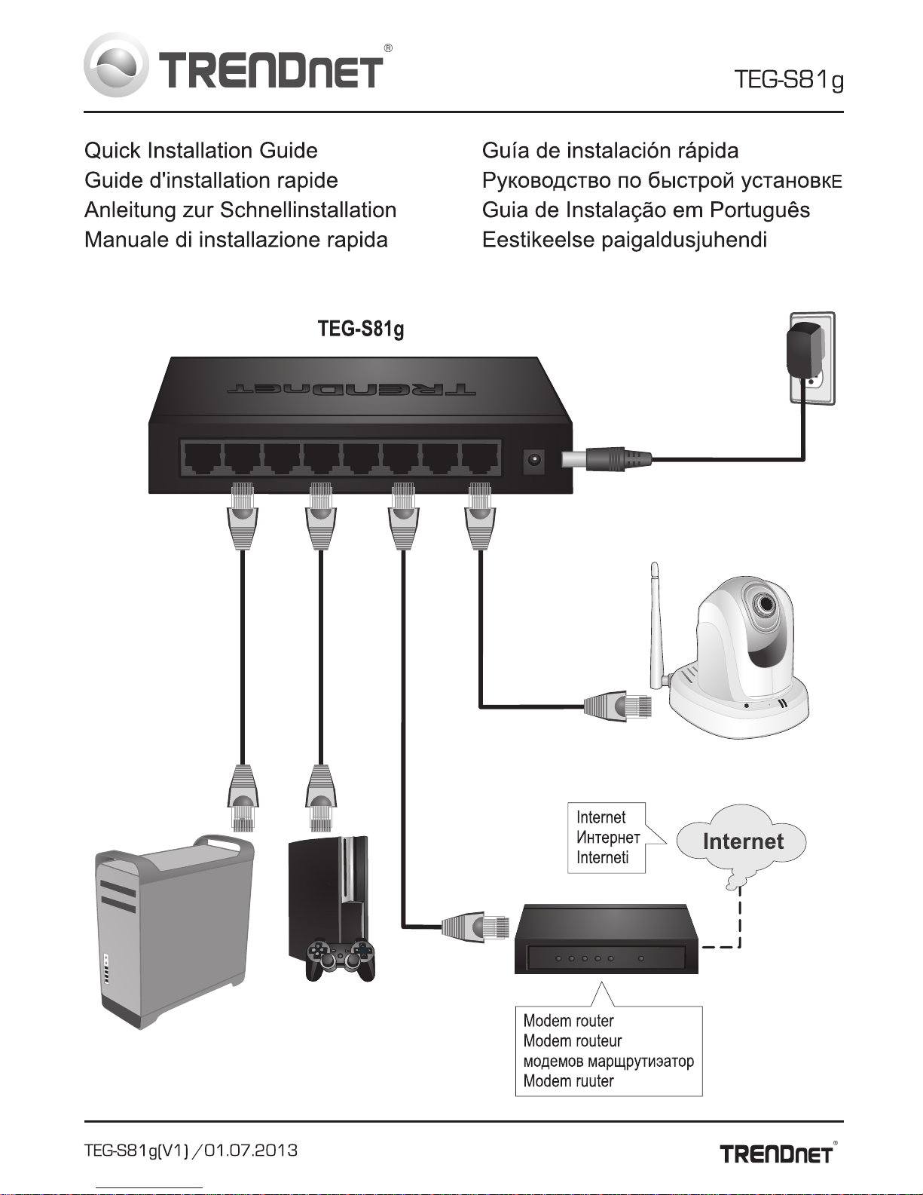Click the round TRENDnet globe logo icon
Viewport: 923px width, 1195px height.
pos(116,65)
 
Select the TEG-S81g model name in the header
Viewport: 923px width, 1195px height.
pos(788,80)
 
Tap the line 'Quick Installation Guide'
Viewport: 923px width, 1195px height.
pos(201,151)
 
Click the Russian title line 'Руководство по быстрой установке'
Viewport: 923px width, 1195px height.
pos(662,180)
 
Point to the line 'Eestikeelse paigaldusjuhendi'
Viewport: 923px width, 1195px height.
pos(624,240)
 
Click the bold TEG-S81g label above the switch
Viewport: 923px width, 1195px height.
pos(361,329)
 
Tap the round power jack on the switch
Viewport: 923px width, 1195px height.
pos(533,460)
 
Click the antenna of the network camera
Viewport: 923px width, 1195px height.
pos(656,625)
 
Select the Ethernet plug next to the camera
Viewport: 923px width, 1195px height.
pos(618,706)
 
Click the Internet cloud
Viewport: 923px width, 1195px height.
pos(741,843)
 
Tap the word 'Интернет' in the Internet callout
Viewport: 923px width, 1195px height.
pos(608,837)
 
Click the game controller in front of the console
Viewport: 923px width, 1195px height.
pos(341,960)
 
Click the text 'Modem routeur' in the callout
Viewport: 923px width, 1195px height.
pos(573,1040)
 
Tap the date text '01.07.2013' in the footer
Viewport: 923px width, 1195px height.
pos(250,1150)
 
